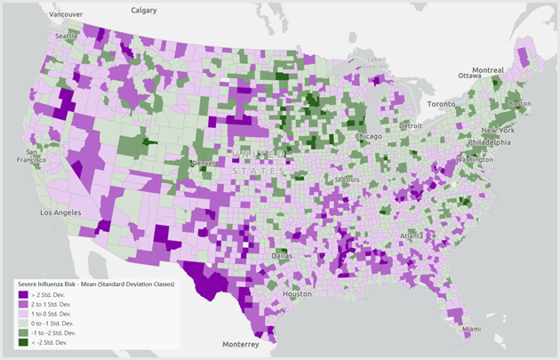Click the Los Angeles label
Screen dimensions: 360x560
coord(59,213)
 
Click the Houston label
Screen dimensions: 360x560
coord(297,293)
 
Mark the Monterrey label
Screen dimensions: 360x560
coord(241,344)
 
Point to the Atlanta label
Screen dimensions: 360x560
coord(412,236)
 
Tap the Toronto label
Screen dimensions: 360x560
coord(442,104)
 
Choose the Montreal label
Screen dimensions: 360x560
coord(487,69)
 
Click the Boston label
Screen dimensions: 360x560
coord(520,104)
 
